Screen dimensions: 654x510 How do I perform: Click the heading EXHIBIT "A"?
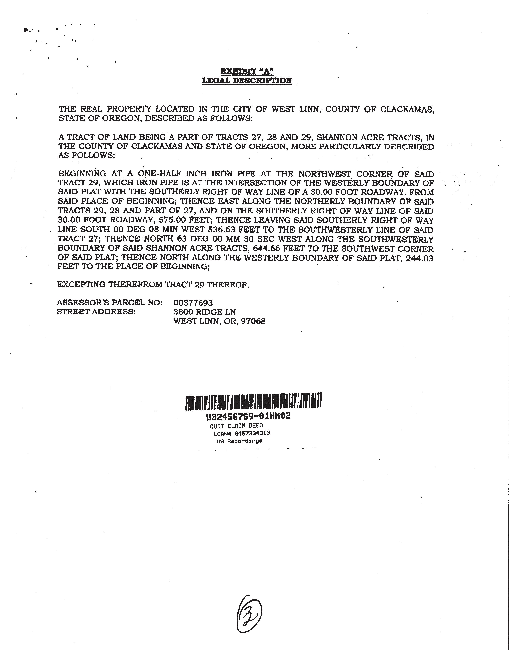247,71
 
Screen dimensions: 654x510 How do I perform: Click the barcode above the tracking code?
253,401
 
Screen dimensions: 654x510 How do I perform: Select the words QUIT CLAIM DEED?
237,426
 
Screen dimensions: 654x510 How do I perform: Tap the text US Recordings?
239,441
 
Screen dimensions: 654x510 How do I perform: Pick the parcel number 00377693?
193,303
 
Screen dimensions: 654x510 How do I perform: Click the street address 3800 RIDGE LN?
205,312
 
